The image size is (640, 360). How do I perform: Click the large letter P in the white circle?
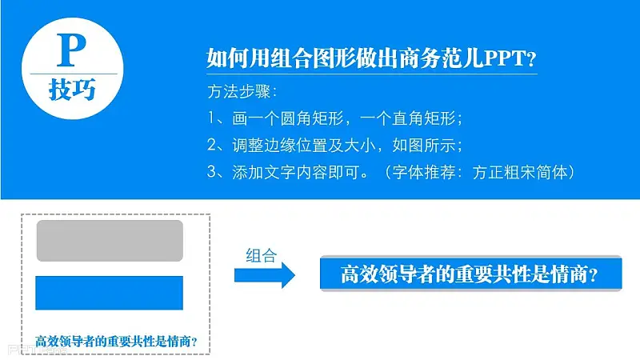click(72, 50)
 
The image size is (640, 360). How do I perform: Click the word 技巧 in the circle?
click(72, 90)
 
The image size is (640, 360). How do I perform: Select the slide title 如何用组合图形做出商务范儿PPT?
click(371, 58)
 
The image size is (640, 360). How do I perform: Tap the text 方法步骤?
click(242, 92)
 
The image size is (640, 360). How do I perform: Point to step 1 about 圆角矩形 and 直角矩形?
click(334, 118)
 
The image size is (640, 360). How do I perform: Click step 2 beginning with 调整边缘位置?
click(334, 146)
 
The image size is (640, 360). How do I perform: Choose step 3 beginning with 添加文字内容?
click(391, 172)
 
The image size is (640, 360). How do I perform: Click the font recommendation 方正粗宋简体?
click(520, 172)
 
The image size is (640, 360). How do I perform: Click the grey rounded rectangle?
click(110, 241)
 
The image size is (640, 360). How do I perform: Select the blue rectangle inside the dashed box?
click(110, 293)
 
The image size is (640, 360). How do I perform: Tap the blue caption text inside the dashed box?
click(116, 342)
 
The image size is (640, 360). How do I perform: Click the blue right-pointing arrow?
click(265, 275)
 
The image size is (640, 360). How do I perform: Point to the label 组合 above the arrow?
click(262, 256)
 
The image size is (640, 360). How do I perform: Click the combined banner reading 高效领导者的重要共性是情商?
click(470, 274)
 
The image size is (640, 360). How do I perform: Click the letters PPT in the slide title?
click(505, 58)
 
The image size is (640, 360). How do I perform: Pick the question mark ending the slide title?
click(531, 59)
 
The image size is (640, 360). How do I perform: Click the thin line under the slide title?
click(372, 74)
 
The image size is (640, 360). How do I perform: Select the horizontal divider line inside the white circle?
click(74, 74)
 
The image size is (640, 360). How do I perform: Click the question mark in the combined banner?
click(594, 274)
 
